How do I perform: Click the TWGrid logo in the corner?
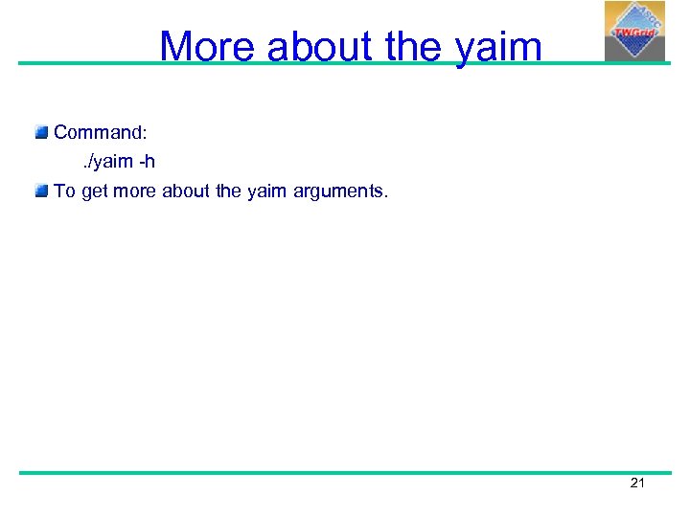(x=633, y=31)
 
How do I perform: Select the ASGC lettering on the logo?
(x=648, y=17)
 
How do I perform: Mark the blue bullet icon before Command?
(x=41, y=132)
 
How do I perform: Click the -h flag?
(x=147, y=162)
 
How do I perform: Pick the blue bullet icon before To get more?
(x=41, y=191)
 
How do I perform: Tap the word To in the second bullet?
(x=64, y=191)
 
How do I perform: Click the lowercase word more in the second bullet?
(x=136, y=191)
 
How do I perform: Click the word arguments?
(x=339, y=191)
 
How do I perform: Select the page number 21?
(x=637, y=483)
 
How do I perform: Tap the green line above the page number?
(x=345, y=472)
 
